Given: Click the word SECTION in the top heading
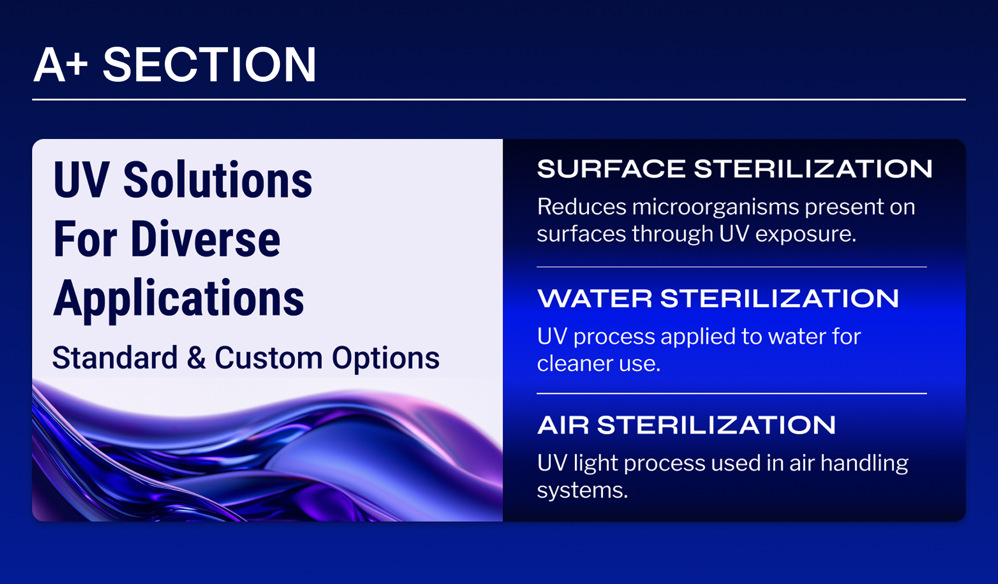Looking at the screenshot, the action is pyautogui.click(x=209, y=65).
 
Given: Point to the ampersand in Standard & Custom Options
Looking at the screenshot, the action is pyautogui.click(x=196, y=357).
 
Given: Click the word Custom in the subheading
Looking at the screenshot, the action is pyautogui.click(x=269, y=357).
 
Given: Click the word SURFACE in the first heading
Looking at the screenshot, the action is pyautogui.click(x=611, y=169).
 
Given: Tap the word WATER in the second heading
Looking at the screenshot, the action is pyautogui.click(x=595, y=298).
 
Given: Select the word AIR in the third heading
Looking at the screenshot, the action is pyautogui.click(x=563, y=425).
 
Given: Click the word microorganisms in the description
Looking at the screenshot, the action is pyautogui.click(x=715, y=207).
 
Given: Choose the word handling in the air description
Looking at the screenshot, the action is pyautogui.click(x=864, y=464).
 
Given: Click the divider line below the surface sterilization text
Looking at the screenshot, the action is pyautogui.click(x=732, y=267).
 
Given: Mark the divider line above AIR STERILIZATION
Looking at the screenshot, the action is pyautogui.click(x=732, y=394).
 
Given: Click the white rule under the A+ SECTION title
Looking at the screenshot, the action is pyautogui.click(x=499, y=99).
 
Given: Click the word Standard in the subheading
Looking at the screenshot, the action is pyautogui.click(x=115, y=357).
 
